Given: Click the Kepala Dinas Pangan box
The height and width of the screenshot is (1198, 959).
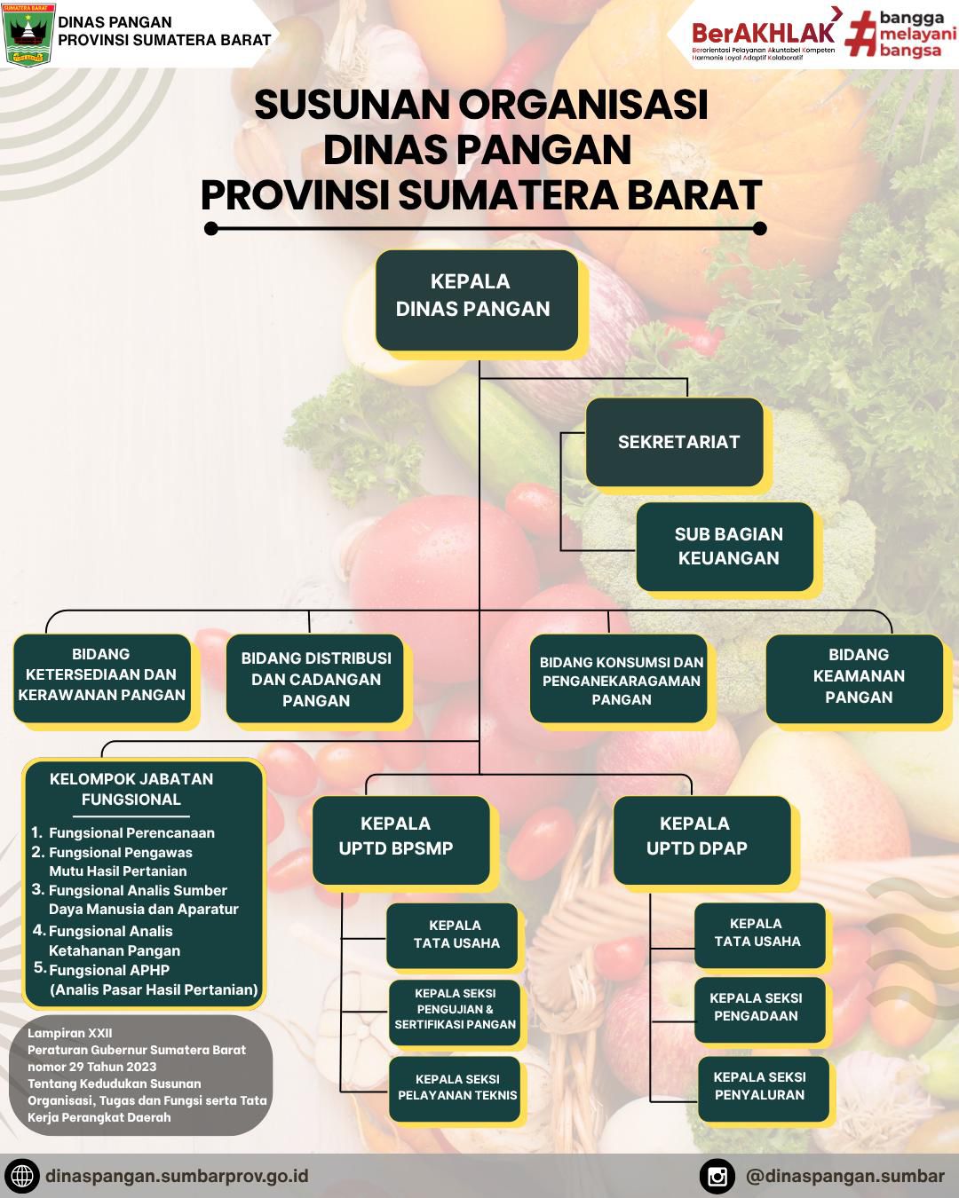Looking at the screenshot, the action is coord(477,300).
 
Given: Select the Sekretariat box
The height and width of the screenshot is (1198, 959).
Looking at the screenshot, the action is coord(675,442).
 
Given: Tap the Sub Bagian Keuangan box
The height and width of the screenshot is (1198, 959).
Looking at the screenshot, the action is coord(725,547).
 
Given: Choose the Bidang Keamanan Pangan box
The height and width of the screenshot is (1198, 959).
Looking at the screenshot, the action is coord(854,678).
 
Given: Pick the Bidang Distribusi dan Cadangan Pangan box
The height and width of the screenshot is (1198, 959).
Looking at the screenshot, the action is coord(315,678).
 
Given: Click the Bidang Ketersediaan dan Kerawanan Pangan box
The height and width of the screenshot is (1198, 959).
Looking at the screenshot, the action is coord(102,678).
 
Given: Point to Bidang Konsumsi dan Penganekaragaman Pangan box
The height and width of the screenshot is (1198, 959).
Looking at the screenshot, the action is coord(619,678).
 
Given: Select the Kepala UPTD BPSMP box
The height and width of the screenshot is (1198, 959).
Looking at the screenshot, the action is coord(401,840).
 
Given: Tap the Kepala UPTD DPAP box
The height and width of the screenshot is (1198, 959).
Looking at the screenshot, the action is coord(702,840).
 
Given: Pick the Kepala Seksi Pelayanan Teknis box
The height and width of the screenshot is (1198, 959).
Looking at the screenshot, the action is coord(455,1089).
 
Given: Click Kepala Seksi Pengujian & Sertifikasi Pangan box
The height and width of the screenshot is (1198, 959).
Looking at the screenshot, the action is coord(455,1012).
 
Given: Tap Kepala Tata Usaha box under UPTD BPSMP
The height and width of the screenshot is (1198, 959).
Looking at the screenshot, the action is coord(452,935).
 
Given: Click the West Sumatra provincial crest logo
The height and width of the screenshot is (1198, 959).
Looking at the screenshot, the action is coord(28,34).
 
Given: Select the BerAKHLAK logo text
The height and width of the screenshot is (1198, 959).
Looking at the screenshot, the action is coord(763,34).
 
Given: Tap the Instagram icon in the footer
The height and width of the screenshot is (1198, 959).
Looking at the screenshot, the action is coord(717,1177).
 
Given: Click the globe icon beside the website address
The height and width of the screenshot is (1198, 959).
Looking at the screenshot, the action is coord(22,1177).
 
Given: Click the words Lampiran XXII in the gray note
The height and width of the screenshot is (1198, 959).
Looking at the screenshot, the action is coord(69,1033).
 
